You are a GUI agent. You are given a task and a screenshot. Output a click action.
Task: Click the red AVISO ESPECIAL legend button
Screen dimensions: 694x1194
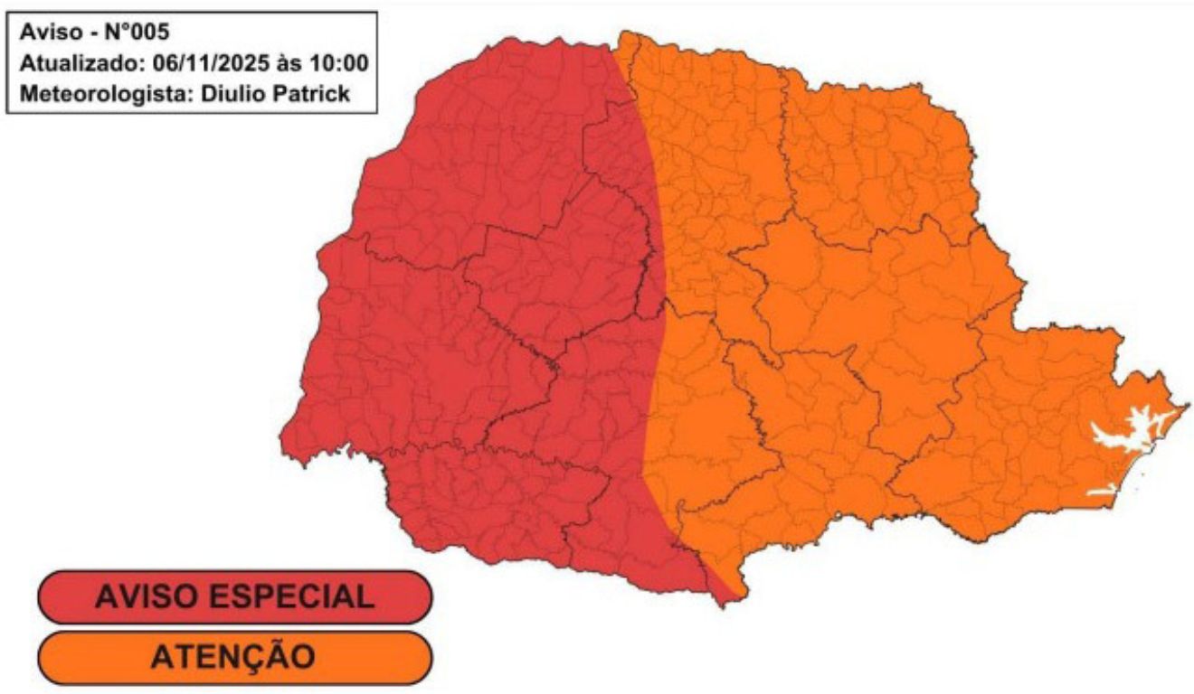click(x=234, y=597)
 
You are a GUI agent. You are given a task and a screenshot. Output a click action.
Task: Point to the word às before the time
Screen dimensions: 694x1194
click(x=289, y=65)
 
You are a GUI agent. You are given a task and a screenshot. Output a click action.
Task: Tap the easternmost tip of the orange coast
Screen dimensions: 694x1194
click(x=1188, y=404)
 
